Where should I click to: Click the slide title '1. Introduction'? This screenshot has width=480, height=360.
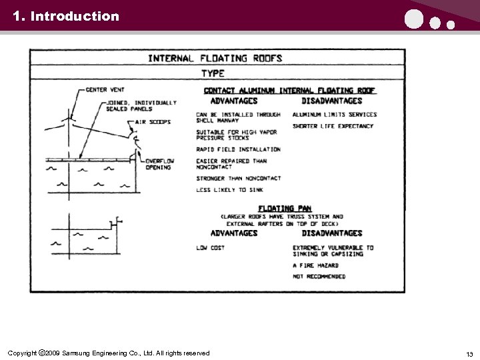pos(65,16)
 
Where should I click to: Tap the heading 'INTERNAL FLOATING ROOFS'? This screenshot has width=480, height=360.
pos(215,58)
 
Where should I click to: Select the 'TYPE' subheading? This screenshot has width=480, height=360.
pos(213,73)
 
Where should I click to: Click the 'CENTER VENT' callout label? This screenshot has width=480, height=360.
pos(105,89)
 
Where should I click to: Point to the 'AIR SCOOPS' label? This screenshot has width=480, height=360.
pos(153,122)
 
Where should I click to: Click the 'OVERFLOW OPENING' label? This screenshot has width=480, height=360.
pos(160,164)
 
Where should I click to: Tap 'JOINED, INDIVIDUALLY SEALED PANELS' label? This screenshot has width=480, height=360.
pos(141,105)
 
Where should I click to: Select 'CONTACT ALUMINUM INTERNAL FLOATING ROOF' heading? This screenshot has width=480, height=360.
pos(289,91)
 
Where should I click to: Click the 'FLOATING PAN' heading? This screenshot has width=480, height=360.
pos(285,209)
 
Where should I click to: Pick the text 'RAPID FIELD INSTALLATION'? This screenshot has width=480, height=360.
pos(238,149)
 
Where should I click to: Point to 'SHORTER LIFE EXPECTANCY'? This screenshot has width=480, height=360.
pos(333,126)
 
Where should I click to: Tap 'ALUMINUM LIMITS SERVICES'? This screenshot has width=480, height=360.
pos(334,115)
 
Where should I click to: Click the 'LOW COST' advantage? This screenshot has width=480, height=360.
pos(211,247)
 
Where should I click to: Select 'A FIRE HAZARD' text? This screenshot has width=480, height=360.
pos(315,265)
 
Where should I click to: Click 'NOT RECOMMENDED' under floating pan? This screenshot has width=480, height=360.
pos(319,276)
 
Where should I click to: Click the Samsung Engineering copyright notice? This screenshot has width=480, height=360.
pos(108,353)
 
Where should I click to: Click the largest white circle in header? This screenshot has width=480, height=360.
pos(414,20)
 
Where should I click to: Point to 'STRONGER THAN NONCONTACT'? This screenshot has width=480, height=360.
pos(238,179)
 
